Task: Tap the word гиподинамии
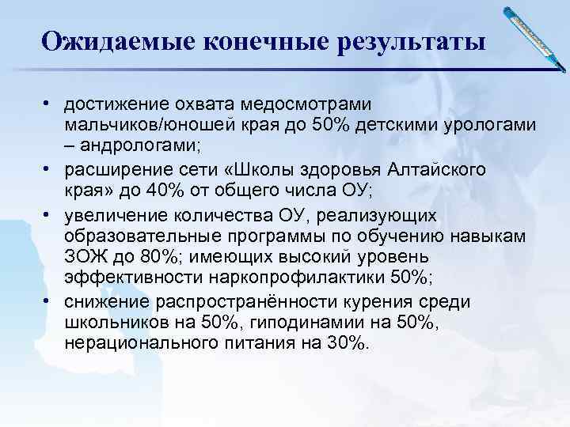pos(294,323)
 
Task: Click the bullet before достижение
pos(49,104)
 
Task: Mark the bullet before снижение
pos(49,301)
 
